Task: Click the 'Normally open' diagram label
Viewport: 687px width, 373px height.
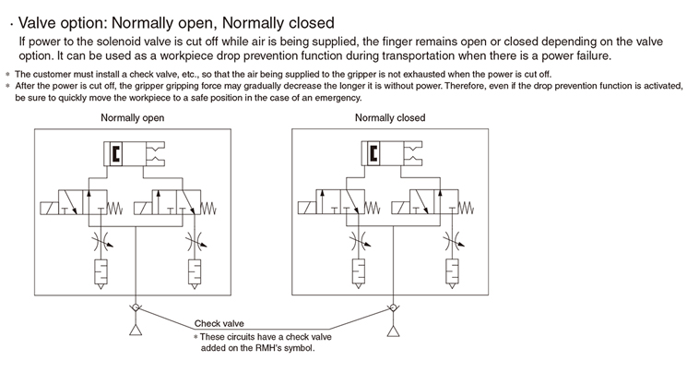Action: click(x=133, y=118)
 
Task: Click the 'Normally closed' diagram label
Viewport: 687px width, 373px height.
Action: click(x=390, y=118)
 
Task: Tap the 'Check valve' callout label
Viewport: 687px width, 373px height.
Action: click(x=219, y=324)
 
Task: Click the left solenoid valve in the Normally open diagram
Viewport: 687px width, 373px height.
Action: click(x=77, y=204)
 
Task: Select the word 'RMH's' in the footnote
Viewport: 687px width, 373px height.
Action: click(x=280, y=348)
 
